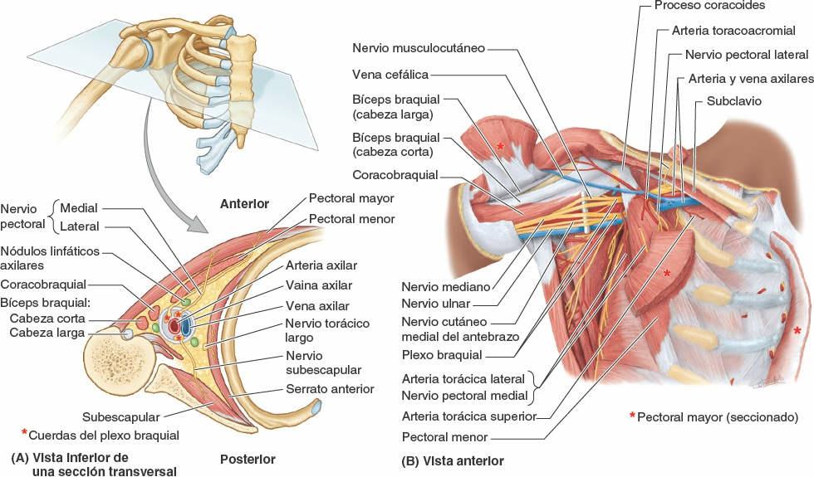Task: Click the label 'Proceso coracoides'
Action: pyautogui.click(x=709, y=6)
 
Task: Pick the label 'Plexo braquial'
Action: pyautogui.click(x=441, y=354)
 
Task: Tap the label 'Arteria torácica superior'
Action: pyautogui.click(x=467, y=416)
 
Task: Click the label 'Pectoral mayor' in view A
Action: pyautogui.click(x=351, y=199)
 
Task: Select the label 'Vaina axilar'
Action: pyautogui.click(x=318, y=285)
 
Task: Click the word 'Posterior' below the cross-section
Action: pyautogui.click(x=248, y=459)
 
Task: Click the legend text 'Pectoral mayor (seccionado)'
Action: pyautogui.click(x=718, y=416)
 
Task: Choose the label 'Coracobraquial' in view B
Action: pyautogui.click(x=395, y=175)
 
